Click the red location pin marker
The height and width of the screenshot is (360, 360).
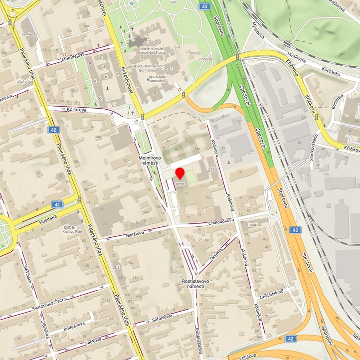click(180, 174)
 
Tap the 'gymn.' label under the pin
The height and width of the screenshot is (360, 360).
click(180, 183)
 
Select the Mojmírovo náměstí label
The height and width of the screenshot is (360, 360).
click(149, 161)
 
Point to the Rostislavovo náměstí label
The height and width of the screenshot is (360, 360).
click(195, 284)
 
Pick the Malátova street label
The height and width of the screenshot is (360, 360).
click(135, 232)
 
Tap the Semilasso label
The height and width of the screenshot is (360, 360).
click(29, 34)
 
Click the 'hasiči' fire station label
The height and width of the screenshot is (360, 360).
click(253, 224)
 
